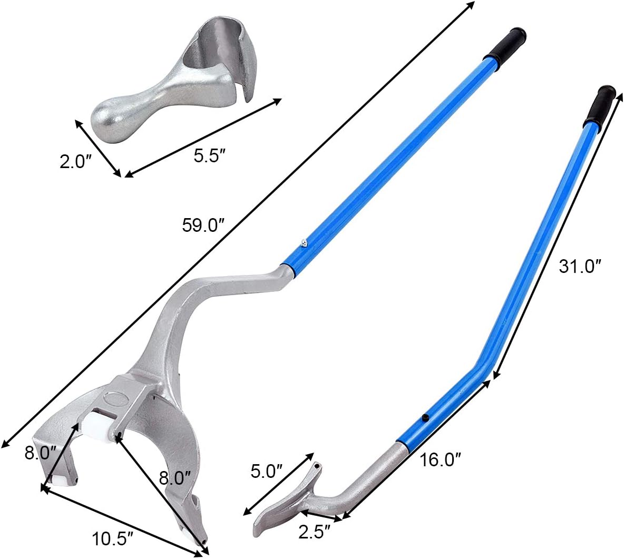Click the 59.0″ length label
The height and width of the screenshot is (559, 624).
point(203,225)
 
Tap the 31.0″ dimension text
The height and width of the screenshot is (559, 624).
point(580,267)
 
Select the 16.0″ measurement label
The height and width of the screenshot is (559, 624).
point(441,460)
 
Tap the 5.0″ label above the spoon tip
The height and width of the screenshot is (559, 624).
point(266,470)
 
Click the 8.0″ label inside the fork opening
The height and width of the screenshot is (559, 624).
point(174,478)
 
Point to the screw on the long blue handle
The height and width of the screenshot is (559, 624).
point(304,243)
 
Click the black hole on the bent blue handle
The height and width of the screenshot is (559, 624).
point(425,418)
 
